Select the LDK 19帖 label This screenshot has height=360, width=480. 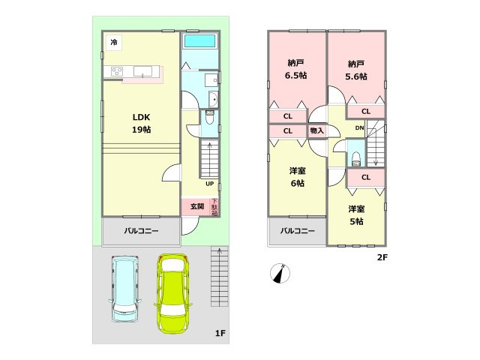(142, 124)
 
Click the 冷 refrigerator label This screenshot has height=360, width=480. (113, 43)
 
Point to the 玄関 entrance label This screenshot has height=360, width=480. (196, 206)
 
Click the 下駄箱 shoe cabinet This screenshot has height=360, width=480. (214, 207)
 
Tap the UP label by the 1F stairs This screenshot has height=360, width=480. (209, 184)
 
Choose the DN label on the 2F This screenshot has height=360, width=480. (359, 128)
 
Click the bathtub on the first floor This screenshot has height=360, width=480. (199, 41)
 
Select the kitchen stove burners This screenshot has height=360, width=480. (118, 71)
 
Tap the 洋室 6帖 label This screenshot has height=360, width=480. (297, 177)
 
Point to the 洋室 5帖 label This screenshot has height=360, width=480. (355, 215)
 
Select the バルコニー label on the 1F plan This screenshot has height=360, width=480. (142, 231)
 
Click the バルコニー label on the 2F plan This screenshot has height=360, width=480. (298, 231)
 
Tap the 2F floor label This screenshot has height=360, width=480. (382, 257)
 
